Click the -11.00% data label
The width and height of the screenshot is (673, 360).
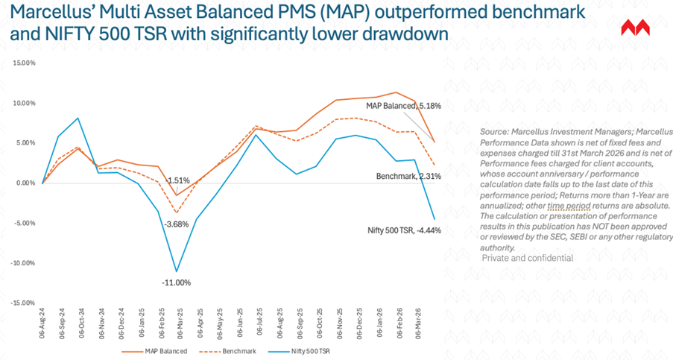[177, 282]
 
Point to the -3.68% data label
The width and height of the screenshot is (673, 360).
[177, 224]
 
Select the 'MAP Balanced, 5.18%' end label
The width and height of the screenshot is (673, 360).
[403, 107]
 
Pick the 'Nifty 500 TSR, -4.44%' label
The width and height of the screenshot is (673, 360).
[403, 230]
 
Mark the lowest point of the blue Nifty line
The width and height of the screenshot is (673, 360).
[177, 271]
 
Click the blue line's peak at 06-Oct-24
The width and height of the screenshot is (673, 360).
[79, 118]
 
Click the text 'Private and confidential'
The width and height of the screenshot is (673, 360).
[527, 258]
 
